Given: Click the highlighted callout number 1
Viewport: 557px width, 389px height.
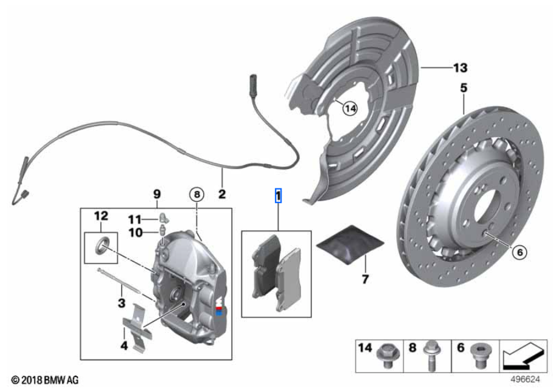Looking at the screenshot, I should point(278,196).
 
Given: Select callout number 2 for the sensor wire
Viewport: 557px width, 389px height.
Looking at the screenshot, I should point(222,194).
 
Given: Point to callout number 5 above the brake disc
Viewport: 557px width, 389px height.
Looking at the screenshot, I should point(464,88).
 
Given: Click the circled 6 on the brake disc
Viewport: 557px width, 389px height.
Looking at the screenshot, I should point(520,251).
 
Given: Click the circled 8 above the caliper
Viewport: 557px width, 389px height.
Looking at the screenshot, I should point(196,194).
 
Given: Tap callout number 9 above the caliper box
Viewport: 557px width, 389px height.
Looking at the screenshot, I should point(156,194).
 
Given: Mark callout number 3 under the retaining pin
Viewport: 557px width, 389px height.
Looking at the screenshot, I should point(121,301).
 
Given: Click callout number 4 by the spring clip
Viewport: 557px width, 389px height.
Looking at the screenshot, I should point(124,347).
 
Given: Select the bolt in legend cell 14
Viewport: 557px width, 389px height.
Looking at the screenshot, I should point(384,354).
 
